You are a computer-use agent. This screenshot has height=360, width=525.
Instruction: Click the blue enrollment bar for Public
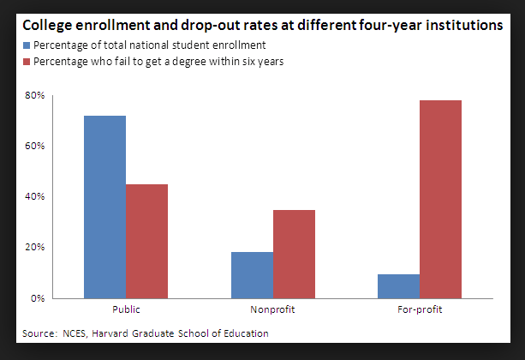[104, 207]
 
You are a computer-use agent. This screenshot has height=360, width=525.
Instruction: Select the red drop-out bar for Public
[146, 241]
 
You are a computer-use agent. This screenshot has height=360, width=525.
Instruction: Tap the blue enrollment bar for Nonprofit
[252, 274]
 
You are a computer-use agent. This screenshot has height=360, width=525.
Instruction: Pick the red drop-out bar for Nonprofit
[295, 254]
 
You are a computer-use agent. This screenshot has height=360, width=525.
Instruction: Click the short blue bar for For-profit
[399, 285]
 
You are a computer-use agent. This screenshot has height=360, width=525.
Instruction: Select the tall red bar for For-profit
[441, 199]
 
